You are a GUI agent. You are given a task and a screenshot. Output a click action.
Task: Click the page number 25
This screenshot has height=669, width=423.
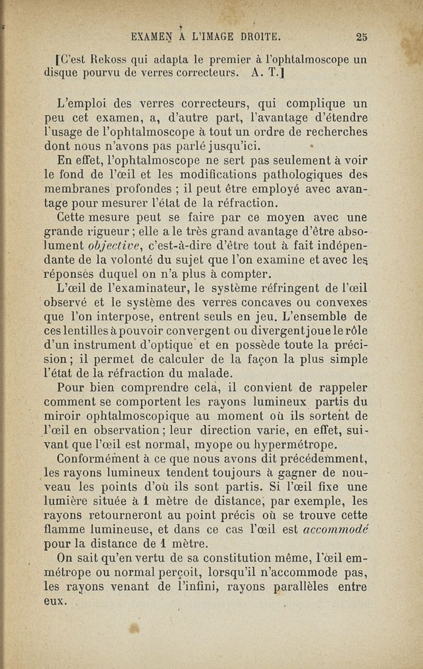362,37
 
